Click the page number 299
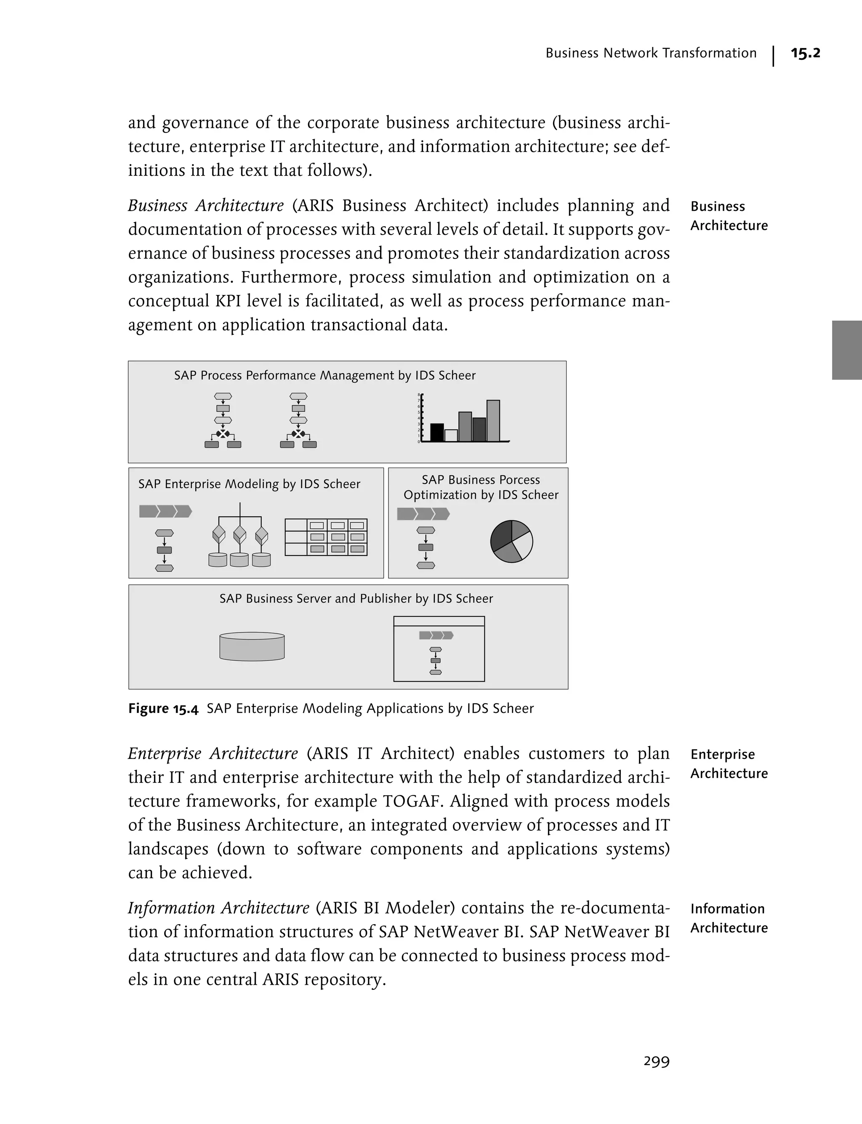point(656,1061)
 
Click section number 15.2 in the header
point(805,53)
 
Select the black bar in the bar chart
point(436,433)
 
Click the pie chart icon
point(511,541)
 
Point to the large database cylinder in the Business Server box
point(252,646)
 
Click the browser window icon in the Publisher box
point(439,648)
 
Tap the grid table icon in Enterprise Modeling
point(326,537)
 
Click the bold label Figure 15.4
point(163,709)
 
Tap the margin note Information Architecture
point(729,918)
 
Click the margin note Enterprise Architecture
point(729,763)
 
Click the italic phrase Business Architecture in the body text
point(205,205)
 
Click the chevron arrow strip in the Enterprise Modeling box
point(165,511)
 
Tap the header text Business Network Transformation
point(651,53)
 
